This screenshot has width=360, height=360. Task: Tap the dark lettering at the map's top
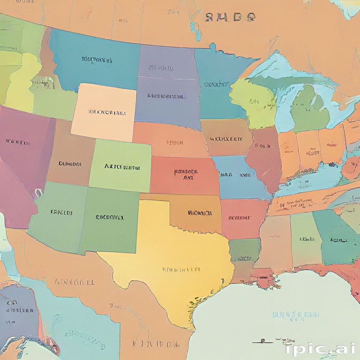tap(231, 17)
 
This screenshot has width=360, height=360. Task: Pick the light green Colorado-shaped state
tap(121, 166)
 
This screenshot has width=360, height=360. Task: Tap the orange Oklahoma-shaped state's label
tap(200, 213)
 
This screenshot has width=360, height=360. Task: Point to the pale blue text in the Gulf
tap(296, 314)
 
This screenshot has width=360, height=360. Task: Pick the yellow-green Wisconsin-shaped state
tap(253, 101)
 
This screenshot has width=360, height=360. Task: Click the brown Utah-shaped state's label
tap(70, 164)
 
